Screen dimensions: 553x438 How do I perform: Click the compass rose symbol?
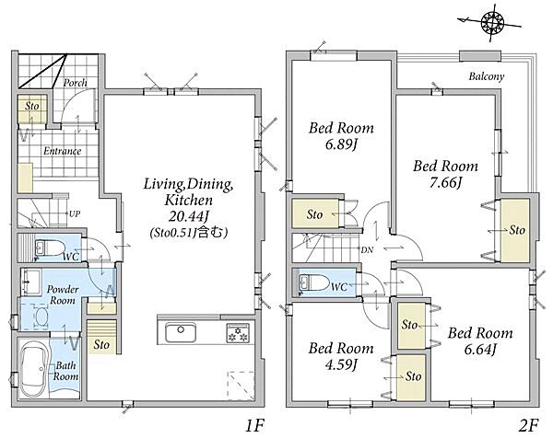click(492, 22)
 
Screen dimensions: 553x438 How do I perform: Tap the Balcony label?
click(487, 76)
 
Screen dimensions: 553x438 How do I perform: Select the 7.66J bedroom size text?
click(446, 183)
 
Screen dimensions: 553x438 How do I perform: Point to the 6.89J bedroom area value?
click(341, 144)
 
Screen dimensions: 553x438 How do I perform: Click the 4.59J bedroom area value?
click(341, 364)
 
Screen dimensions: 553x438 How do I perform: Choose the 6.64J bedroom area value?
click(480, 350)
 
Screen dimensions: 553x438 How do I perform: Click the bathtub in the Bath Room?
click(33, 370)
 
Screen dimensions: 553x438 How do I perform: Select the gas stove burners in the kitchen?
click(238, 333)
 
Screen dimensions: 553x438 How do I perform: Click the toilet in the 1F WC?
click(50, 248)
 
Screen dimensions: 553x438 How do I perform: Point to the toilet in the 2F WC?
click(313, 282)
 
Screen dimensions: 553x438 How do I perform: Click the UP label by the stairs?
click(75, 213)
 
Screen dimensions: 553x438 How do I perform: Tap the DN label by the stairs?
click(367, 250)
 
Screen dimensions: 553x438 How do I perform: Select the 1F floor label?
click(254, 426)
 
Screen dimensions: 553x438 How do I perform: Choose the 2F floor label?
click(529, 426)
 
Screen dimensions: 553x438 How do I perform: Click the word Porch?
click(76, 83)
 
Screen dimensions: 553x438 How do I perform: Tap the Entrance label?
click(62, 151)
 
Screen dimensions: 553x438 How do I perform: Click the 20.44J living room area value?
click(188, 216)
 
